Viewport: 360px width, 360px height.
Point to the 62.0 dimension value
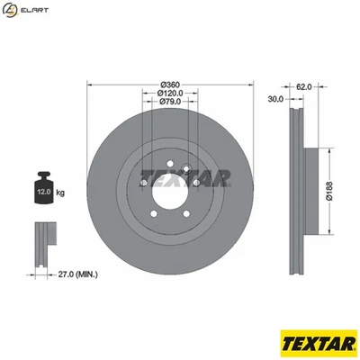(x=303, y=86)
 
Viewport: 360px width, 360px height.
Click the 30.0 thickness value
(x=276, y=99)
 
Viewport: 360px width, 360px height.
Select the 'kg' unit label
(x=61, y=193)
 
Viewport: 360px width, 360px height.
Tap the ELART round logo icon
(x=13, y=10)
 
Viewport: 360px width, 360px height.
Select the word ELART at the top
(x=35, y=10)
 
